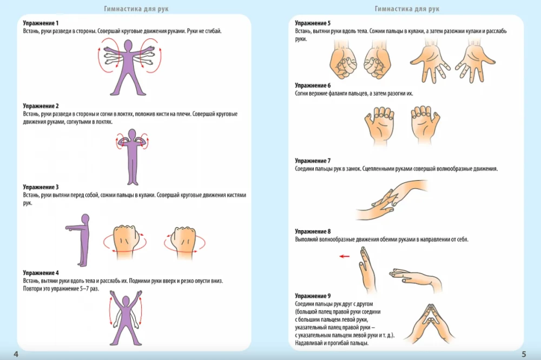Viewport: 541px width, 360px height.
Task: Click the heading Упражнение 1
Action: click(41, 24)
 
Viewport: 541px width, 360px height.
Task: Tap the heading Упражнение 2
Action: click(41, 106)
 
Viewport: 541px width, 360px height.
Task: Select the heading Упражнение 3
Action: click(41, 187)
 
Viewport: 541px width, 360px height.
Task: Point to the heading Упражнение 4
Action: click(41, 273)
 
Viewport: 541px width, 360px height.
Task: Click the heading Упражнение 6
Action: click(313, 86)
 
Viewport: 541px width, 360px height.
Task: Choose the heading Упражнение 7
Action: click(313, 161)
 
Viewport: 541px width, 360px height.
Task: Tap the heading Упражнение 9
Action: click(313, 296)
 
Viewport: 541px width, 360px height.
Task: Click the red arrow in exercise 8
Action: click(345, 257)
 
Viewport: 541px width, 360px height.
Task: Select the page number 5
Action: click(524, 354)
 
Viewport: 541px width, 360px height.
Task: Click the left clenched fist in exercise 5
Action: click(342, 63)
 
